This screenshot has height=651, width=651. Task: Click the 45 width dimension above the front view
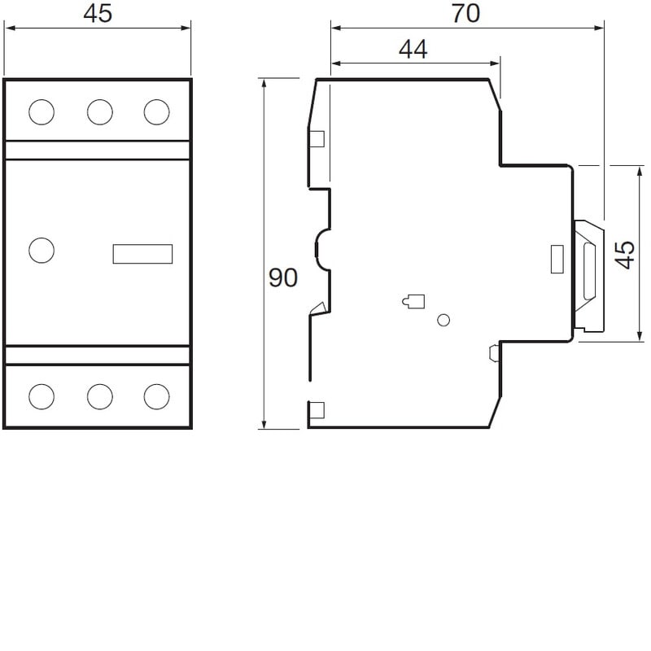(x=98, y=13)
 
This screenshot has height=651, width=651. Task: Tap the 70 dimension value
(x=465, y=13)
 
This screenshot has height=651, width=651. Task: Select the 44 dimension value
(x=413, y=49)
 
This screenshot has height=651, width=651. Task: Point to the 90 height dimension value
(x=283, y=277)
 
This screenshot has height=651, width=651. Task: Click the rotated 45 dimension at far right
(x=624, y=255)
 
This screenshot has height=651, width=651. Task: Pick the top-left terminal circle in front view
(x=42, y=112)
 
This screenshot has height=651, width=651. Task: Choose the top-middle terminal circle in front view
(x=100, y=112)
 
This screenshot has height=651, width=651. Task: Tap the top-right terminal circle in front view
(x=157, y=112)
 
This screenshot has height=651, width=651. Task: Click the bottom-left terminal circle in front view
(x=42, y=396)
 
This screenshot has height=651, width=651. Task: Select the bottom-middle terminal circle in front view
(x=100, y=396)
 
